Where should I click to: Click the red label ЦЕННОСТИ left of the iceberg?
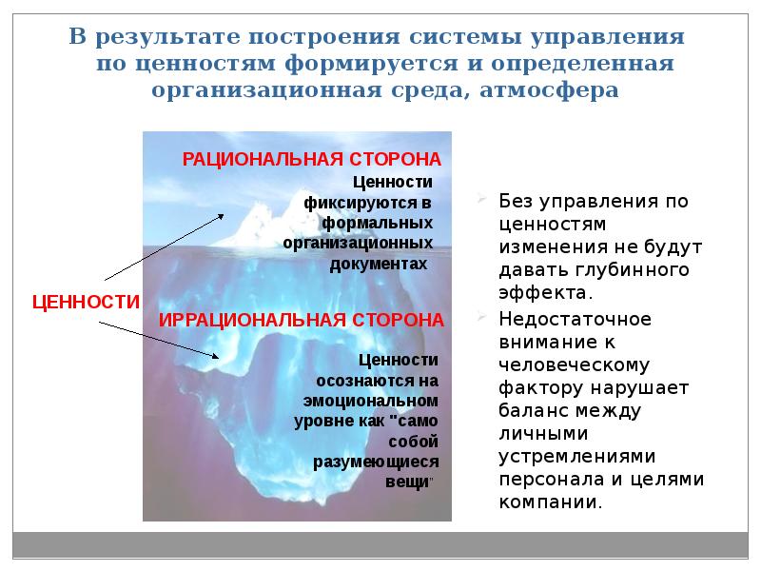tap(87, 303)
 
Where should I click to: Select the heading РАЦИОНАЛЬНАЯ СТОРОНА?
tap(312, 158)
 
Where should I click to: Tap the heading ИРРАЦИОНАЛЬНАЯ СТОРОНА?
tap(301, 318)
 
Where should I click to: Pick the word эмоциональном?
tap(371, 401)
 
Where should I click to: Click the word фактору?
tap(538, 387)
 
